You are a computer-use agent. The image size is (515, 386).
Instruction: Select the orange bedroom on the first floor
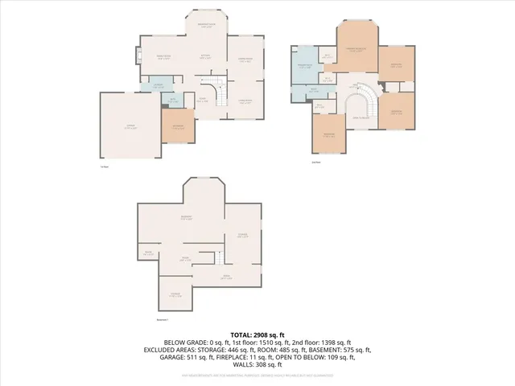pos(179,125)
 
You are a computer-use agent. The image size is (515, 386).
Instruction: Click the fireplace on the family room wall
pos(138,56)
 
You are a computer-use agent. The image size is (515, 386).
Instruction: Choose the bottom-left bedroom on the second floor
pos(329,133)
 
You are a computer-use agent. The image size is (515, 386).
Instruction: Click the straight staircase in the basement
pos(216,257)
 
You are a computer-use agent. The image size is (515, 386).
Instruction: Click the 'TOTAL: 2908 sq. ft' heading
pos(257,334)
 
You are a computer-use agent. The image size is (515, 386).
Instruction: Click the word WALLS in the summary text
pos(240,366)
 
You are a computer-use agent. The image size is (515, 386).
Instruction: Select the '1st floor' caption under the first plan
pos(104,167)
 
